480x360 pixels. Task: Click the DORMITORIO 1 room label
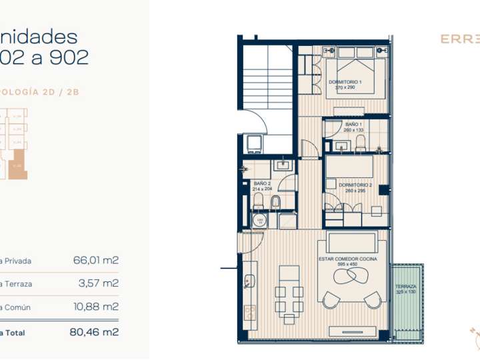343,81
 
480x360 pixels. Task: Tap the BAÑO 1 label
353,124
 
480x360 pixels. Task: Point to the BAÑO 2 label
263,183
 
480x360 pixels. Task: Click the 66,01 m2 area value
95,261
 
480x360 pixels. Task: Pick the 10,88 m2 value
95,307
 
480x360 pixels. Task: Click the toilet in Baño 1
361,143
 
